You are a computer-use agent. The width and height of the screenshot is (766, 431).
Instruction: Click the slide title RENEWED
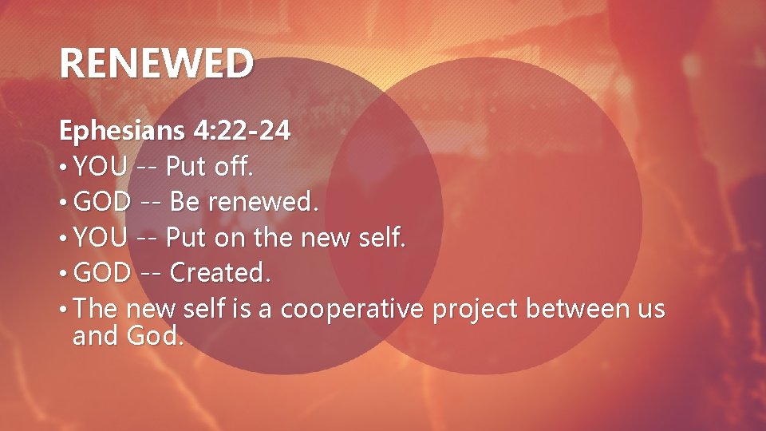click(156, 63)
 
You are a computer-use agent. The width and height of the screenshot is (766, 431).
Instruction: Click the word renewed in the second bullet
click(263, 203)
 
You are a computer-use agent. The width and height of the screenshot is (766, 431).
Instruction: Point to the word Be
click(185, 203)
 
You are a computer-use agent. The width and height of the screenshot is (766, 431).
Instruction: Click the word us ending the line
click(650, 310)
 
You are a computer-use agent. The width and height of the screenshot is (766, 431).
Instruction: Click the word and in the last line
click(95, 336)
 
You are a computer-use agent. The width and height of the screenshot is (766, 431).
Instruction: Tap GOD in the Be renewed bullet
click(102, 203)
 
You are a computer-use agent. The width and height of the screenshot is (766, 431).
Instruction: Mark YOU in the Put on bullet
click(100, 238)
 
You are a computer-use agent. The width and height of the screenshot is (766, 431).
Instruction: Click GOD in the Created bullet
click(102, 273)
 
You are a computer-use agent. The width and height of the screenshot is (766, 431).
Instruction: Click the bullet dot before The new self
click(63, 309)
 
